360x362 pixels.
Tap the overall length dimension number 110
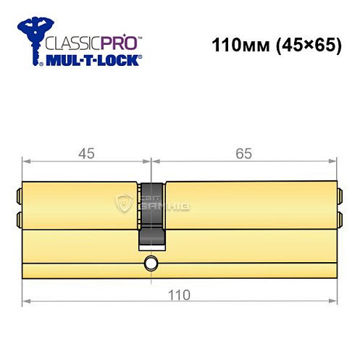pos(180,295)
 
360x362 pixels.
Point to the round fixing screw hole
pos(151,262)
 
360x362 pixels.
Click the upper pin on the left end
pos(19,194)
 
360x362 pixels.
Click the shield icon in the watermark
pos(125,203)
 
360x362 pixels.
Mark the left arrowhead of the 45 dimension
pos(26,160)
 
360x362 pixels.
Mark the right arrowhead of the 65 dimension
pos(334,160)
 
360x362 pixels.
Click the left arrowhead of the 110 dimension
pos(26,300)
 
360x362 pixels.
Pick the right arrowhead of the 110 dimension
pos(334,300)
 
